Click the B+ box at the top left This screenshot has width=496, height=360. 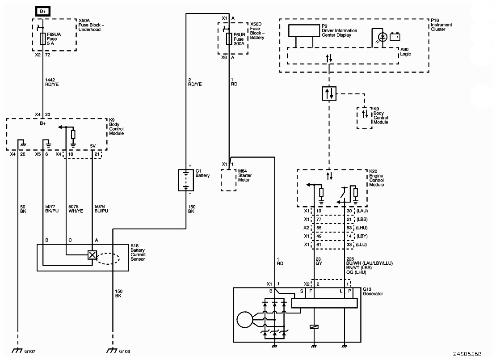tap(43, 11)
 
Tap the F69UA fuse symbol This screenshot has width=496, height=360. tap(43, 38)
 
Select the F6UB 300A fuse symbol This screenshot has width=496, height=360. tap(229, 39)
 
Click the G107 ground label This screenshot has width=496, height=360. tap(30, 351)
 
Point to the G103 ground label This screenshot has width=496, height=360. tap(124, 351)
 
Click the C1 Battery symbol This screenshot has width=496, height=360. tap(186, 180)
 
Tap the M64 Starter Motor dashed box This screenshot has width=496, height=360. tap(229, 180)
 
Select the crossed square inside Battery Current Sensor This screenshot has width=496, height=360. tap(92, 255)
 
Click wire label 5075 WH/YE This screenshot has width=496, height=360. tap(76, 209)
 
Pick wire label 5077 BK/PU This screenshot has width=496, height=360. tap(52, 209)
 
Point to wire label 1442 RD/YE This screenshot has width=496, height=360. tap(52, 82)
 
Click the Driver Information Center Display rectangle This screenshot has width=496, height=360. tap(304, 30)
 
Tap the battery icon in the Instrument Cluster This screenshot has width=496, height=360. tap(395, 37)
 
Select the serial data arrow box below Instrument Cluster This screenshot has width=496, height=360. tap(329, 93)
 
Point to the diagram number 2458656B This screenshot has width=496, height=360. tap(467, 354)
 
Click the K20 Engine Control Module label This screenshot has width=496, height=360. tap(376, 178)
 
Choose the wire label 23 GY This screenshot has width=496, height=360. tap(319, 261)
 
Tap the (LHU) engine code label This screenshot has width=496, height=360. tap(362, 228)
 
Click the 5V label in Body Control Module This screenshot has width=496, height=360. tap(92, 146)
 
